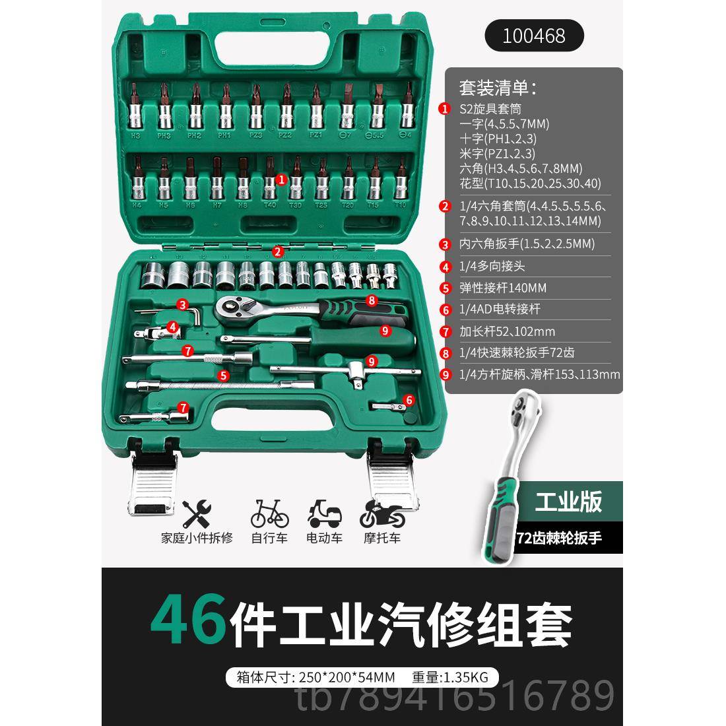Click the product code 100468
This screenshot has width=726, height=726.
tap(534, 34)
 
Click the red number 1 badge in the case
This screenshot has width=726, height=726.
tap(282, 179)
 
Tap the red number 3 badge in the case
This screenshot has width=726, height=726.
tap(181, 304)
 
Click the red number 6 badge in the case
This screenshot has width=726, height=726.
tap(409, 400)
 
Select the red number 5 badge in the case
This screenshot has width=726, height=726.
tap(224, 375)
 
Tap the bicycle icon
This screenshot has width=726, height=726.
tap(269, 512)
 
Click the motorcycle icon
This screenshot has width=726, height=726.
tap(381, 512)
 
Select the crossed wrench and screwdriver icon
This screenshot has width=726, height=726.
tap(196, 512)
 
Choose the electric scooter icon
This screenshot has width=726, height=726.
tap(325, 512)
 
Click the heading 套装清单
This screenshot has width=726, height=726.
tap(498, 86)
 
